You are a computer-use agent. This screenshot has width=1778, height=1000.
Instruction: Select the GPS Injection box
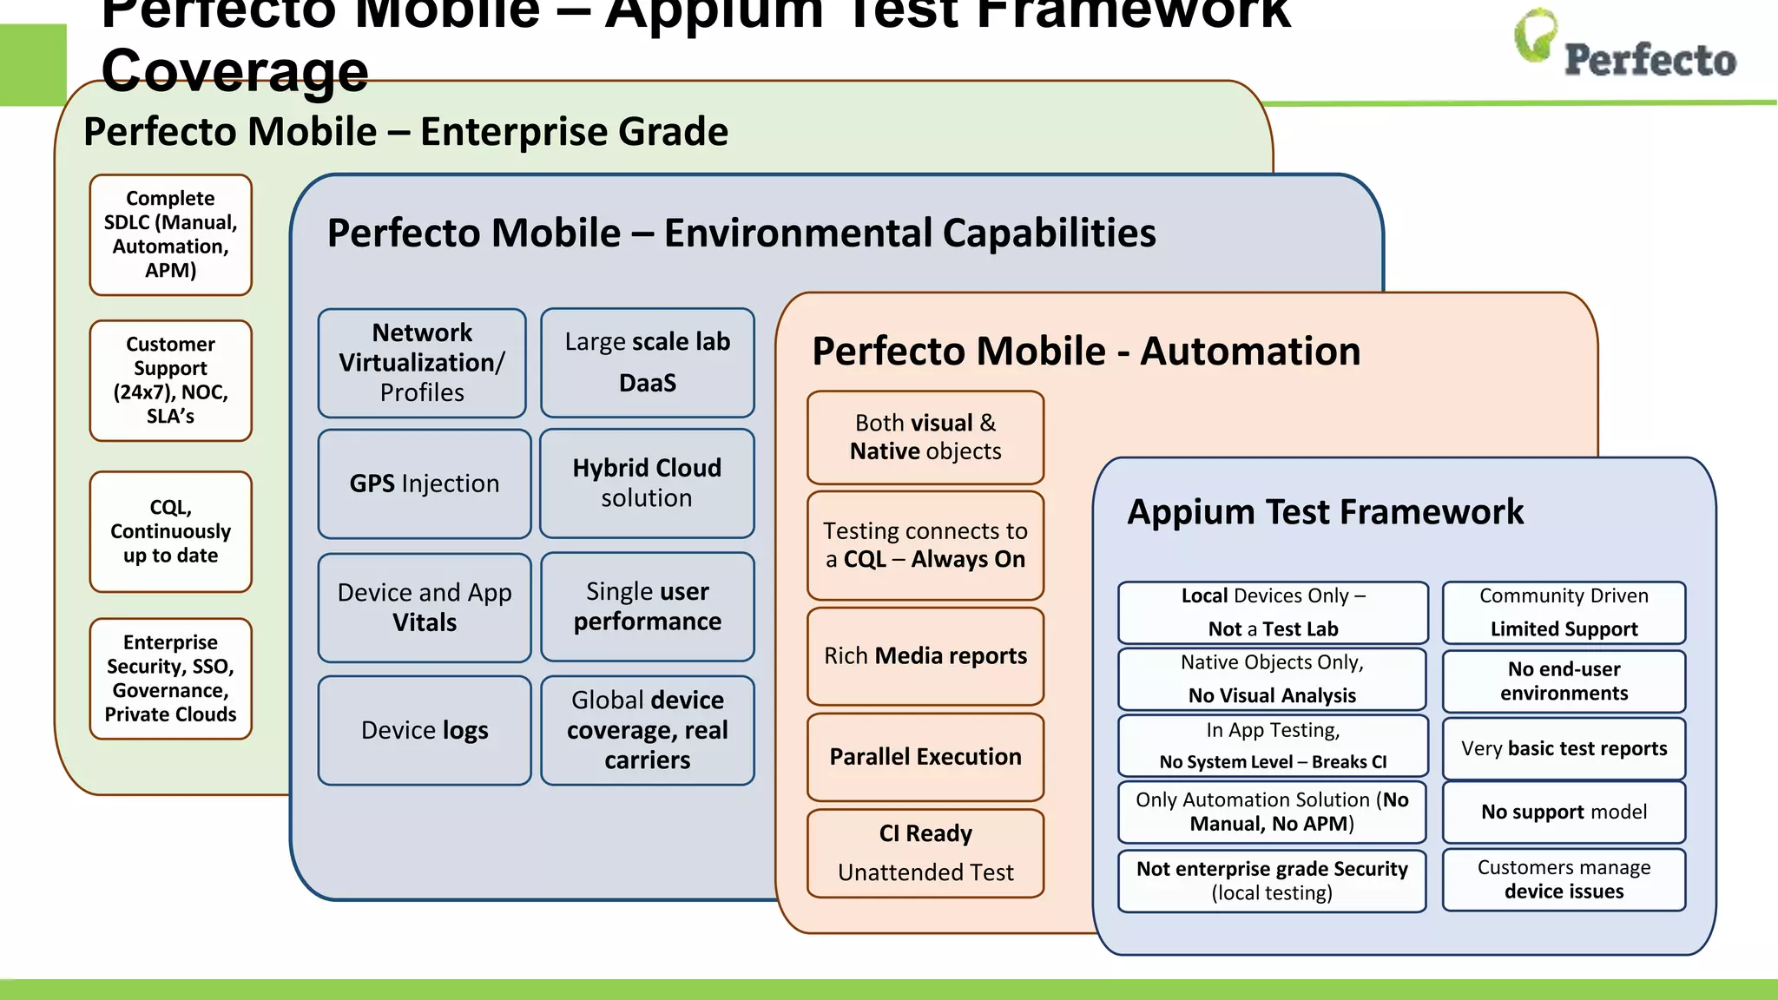pos(425,484)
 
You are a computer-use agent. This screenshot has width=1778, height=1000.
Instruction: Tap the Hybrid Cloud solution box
pos(647,484)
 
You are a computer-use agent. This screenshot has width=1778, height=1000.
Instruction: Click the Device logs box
pos(425,730)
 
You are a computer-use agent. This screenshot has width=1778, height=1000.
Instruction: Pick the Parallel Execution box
pos(925,757)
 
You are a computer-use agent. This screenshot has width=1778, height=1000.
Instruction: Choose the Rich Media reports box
pos(925,656)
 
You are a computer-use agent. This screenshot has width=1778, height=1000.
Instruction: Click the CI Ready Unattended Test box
pos(925,853)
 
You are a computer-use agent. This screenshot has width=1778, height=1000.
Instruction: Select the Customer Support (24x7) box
pos(171,380)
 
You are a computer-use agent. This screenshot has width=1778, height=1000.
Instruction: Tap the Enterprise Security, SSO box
pos(171,678)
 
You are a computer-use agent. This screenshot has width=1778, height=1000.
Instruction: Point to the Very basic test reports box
pos(1564,748)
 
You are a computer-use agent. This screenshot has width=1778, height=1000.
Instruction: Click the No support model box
pos(1564,812)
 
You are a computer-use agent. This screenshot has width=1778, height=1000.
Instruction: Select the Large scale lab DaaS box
pos(648,362)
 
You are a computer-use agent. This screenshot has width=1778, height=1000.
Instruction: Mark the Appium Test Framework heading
pos(1325,512)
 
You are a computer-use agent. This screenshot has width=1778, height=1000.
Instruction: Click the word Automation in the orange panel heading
pos(1250,352)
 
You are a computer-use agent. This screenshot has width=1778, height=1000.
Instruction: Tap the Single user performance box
pos(648,607)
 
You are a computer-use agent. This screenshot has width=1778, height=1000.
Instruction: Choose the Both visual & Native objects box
pos(925,437)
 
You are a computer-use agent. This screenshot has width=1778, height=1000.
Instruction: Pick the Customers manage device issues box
pos(1564,879)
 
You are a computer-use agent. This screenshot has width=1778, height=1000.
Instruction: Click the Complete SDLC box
pos(171,234)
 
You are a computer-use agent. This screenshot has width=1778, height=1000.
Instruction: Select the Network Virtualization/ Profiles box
pos(423,363)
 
